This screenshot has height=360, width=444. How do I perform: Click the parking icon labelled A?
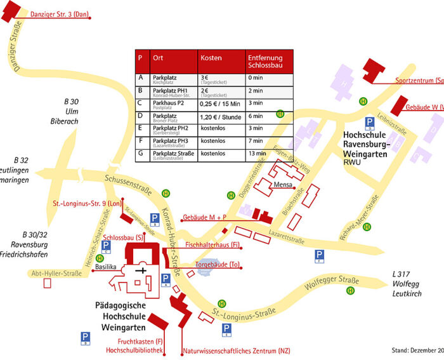166,279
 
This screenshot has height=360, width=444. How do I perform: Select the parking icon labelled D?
85,337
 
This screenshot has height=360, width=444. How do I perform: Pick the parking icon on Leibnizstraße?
369,123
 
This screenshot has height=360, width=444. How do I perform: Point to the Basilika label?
105,267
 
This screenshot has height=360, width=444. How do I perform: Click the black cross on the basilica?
143,270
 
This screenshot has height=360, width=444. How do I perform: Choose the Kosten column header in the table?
211,58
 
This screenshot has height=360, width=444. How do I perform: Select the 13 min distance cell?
258,154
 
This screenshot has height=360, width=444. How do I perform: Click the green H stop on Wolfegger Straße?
351,291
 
